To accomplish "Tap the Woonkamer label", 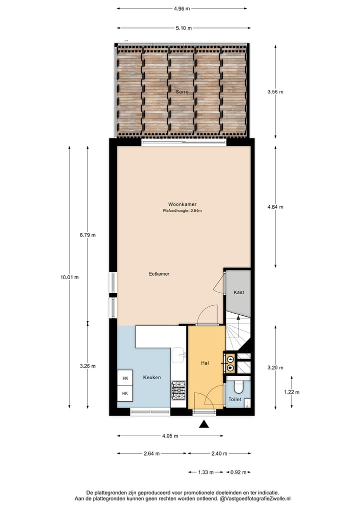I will (182, 204).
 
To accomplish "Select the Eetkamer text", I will (159, 274).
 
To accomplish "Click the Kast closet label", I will (239, 292).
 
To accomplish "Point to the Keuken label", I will (152, 377).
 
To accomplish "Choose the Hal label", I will (205, 363).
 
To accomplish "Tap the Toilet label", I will (235, 400).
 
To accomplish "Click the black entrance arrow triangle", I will (204, 425).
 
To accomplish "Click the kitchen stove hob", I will (178, 390).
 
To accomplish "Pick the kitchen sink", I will (178, 356).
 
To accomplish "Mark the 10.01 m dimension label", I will (69, 278).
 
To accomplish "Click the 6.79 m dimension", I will (87, 235).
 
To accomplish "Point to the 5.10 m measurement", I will (182, 28).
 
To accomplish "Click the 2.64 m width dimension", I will (151, 454).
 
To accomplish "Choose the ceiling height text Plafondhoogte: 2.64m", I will (182, 211).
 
